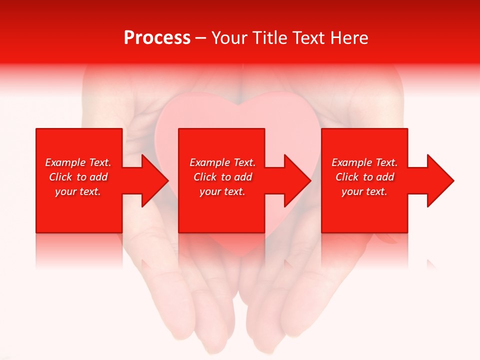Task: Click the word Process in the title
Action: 157,38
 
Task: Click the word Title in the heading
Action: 270,38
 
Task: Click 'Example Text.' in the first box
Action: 78,162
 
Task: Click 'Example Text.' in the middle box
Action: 222,162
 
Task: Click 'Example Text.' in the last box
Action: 364,162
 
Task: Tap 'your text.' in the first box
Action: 78,191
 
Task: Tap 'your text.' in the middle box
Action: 222,191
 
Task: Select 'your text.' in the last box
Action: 364,191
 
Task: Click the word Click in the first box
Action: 60,177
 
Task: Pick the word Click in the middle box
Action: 205,177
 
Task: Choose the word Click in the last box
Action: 347,177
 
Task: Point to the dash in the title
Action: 200,38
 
